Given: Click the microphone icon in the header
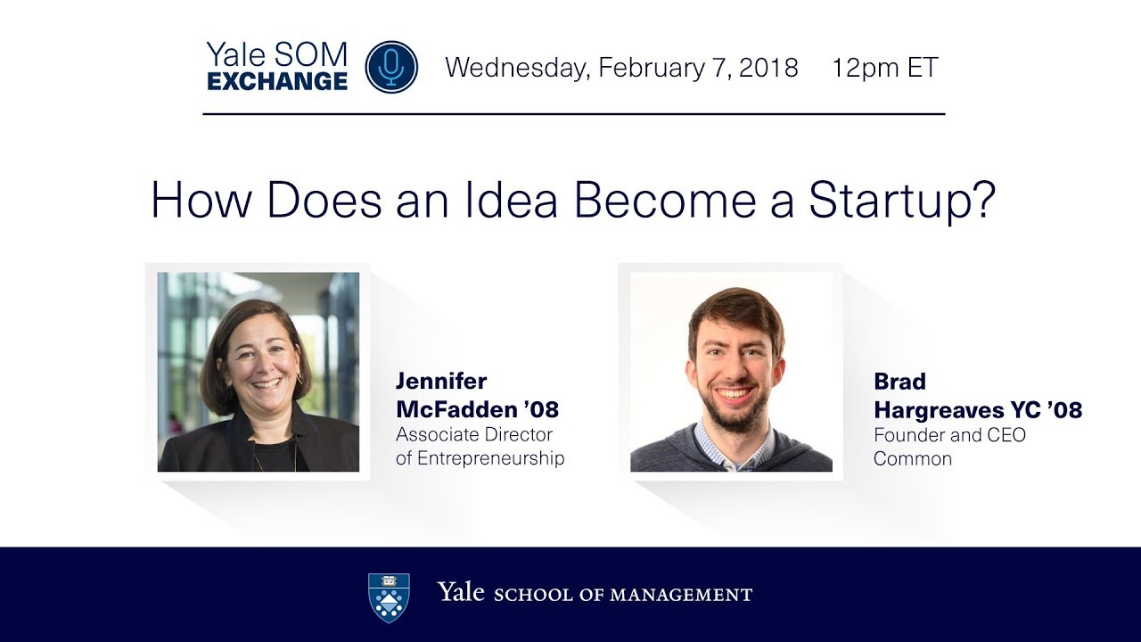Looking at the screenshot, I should (391, 67).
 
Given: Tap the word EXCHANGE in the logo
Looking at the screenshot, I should (277, 81).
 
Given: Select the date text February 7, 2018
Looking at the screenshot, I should (698, 68).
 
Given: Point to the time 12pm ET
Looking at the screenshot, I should (885, 68).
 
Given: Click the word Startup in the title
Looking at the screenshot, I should (901, 201).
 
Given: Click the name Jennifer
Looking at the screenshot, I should (441, 382).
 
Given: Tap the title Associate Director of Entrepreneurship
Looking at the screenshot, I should (480, 447).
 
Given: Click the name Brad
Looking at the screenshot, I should (899, 382).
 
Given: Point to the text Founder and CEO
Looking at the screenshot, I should (949, 435).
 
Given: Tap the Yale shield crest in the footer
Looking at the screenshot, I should (389, 596).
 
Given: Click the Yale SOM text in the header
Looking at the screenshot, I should (276, 55).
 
